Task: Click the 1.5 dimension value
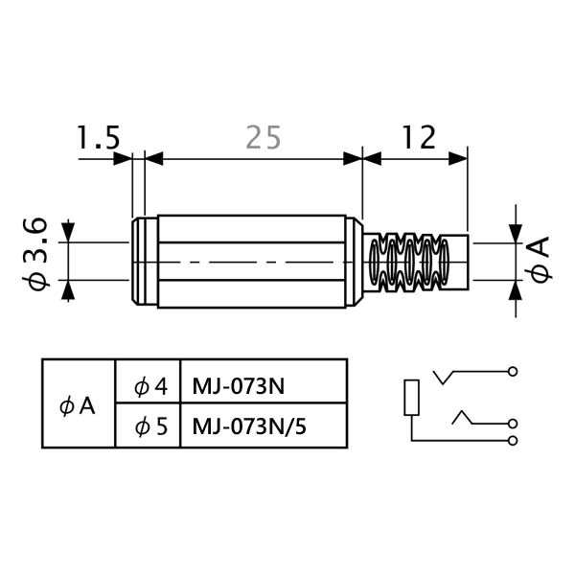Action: [98, 137]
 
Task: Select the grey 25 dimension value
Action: [264, 137]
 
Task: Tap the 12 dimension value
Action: [419, 137]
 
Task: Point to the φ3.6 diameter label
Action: [35, 254]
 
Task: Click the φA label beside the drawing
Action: [539, 260]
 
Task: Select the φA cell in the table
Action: [78, 406]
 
